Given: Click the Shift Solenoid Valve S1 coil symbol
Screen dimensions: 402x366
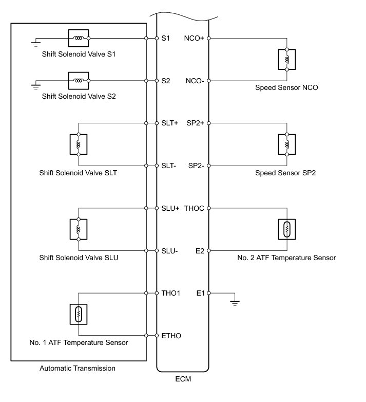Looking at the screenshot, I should click(79, 38).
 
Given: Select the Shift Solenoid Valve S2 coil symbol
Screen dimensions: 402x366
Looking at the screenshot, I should click(79, 80).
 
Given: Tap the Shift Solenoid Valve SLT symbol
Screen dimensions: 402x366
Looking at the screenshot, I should click(79, 144).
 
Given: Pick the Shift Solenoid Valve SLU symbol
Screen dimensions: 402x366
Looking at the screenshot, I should click(79, 229).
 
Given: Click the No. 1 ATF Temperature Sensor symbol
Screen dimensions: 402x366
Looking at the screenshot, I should click(79, 314).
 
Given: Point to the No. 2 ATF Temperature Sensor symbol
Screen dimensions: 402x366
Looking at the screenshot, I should click(287, 229).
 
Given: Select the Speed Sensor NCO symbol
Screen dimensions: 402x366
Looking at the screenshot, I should click(287, 59).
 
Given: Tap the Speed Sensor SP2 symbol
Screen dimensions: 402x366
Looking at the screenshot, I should click(287, 144).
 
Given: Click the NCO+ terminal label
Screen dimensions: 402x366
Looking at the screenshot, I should click(195, 38).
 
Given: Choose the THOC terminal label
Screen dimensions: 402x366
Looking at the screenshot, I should click(194, 208).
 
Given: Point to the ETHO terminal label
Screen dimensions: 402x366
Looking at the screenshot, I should click(171, 336).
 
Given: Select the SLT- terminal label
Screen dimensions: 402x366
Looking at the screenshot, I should click(169, 166).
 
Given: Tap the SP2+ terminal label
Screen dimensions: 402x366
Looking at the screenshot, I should click(196, 123).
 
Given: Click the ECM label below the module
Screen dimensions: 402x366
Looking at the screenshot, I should click(182, 381).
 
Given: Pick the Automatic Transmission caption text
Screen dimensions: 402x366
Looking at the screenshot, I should click(78, 368).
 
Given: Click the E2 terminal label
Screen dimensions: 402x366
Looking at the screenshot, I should click(200, 250).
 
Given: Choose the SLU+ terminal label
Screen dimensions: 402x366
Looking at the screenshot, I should click(170, 208).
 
